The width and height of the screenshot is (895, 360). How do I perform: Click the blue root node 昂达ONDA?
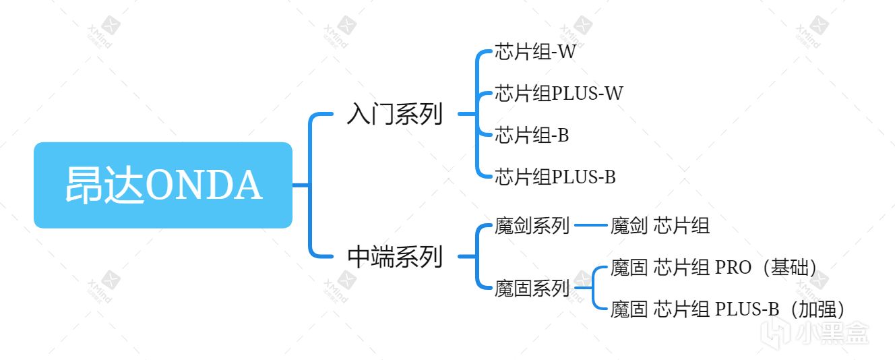[x=162, y=185]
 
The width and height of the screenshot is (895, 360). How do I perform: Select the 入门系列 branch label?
[x=394, y=114]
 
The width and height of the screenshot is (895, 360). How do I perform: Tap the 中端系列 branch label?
[x=394, y=256]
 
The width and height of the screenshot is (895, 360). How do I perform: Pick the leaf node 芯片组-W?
[x=535, y=52]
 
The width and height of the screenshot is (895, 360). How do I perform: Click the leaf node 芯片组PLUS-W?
[x=559, y=93]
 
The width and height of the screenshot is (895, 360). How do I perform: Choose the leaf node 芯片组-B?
[x=532, y=136]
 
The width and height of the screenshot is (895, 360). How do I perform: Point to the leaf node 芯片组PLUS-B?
[x=555, y=177]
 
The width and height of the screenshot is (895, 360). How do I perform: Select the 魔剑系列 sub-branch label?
[x=532, y=225]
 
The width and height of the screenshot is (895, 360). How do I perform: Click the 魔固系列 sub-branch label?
[x=532, y=289]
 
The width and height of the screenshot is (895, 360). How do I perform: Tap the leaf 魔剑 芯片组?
[x=660, y=225]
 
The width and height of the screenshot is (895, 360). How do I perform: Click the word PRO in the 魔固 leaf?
[x=733, y=268]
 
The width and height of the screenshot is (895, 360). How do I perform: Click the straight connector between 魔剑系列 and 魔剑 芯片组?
[x=590, y=225]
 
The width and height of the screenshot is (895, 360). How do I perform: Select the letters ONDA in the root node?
[x=204, y=185]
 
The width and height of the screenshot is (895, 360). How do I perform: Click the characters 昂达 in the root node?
[x=105, y=185]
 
